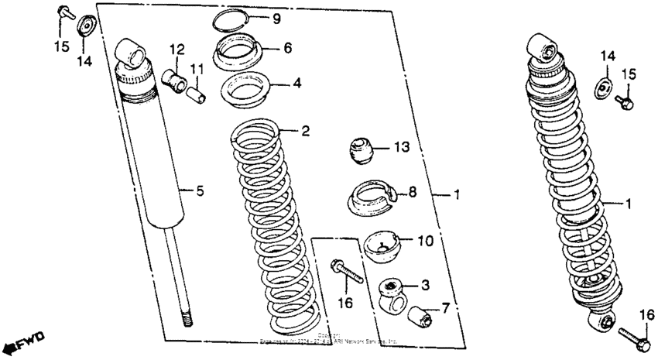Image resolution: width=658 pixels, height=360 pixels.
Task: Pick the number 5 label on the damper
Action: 199,191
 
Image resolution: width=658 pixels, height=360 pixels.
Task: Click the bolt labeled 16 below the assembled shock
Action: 633,335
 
